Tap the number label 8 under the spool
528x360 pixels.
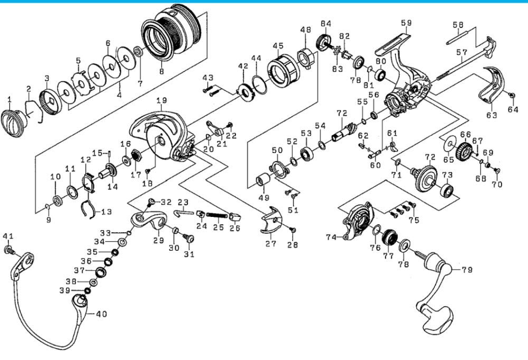162,71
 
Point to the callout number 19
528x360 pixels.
161,100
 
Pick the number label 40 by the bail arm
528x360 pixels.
100,314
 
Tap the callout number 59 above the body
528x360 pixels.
406,23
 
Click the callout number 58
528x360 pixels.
458,25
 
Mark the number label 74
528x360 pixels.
331,238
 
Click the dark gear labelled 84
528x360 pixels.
323,42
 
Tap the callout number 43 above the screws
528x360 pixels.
208,78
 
